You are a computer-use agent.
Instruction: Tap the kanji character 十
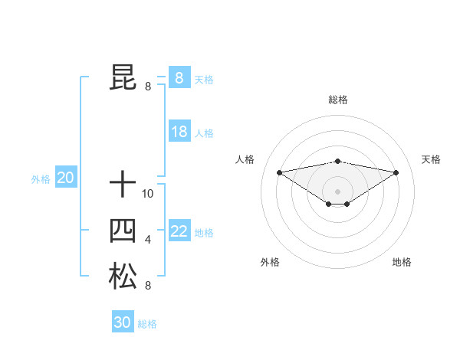coord(123,185)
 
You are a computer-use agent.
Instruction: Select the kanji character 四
coord(123,231)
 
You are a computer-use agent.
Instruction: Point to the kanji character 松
coord(123,277)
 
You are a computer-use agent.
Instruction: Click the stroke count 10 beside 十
coord(148,194)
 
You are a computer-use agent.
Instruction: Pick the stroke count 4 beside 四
coord(148,240)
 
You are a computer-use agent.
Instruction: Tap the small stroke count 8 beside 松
coord(148,286)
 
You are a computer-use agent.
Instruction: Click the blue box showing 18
coord(179,132)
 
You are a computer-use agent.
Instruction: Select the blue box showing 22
coord(179,231)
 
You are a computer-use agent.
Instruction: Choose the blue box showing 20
coord(65,178)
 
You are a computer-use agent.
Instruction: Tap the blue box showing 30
coord(123,322)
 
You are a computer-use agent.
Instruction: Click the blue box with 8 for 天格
coord(179,77)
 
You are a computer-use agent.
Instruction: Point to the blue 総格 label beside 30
coord(147,324)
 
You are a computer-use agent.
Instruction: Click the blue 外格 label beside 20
coord(41,179)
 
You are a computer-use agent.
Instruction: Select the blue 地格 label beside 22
coord(204,233)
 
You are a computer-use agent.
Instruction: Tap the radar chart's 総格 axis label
coord(337,100)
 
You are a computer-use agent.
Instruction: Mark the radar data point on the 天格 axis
coord(396,172)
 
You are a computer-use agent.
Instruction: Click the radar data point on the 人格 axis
coord(279,172)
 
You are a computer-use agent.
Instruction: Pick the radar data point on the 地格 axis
coord(347,204)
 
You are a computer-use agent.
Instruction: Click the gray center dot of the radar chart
coord(337,190)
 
